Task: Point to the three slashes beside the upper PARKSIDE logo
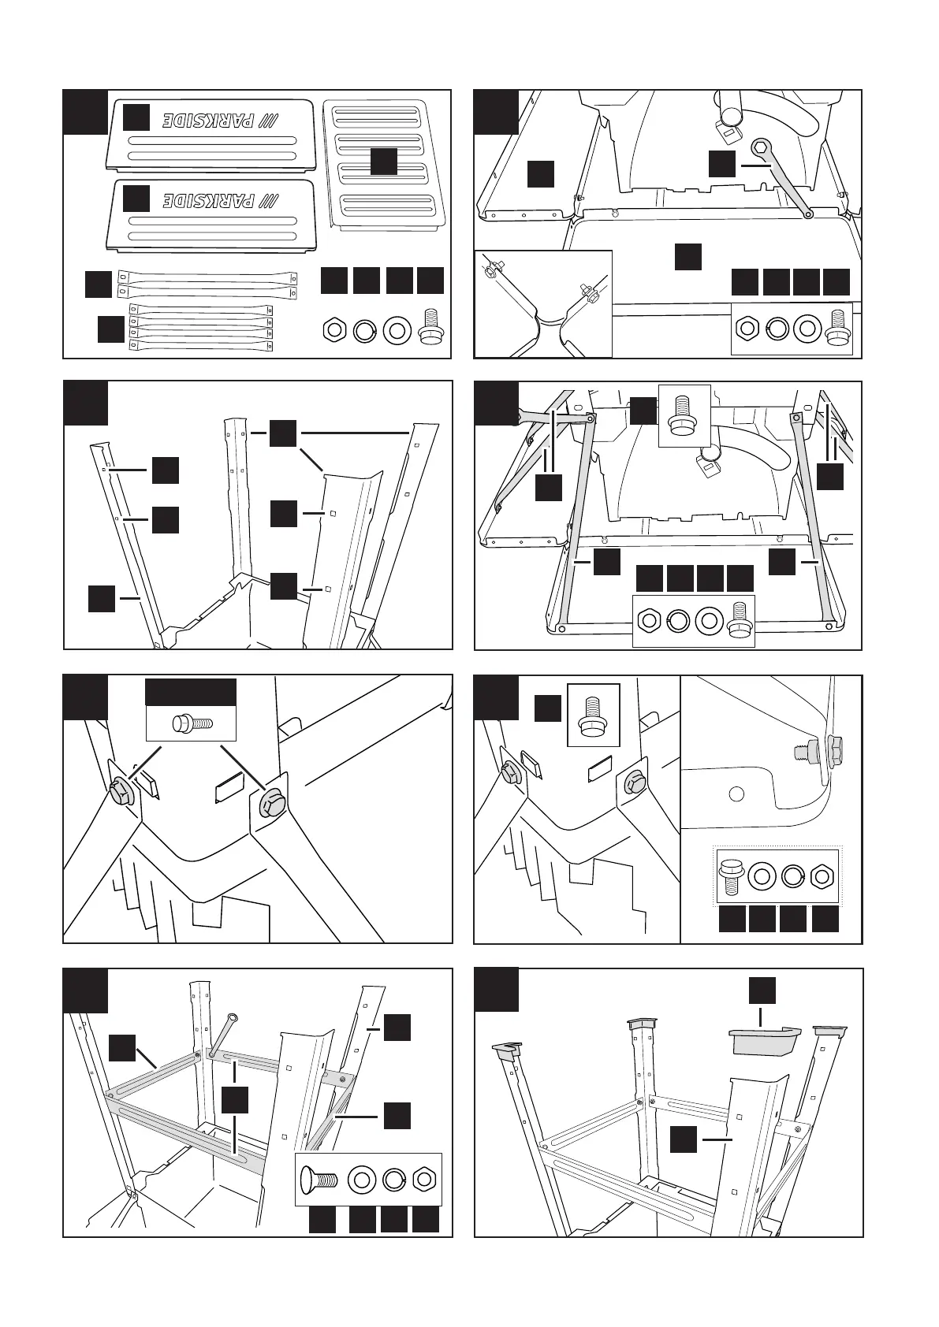click(270, 121)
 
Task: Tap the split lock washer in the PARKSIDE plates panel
click(363, 330)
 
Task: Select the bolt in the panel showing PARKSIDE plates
click(429, 325)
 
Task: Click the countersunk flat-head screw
click(319, 1180)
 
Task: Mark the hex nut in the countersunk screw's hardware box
click(425, 1180)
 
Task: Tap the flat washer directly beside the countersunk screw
click(362, 1180)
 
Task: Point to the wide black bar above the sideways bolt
click(191, 692)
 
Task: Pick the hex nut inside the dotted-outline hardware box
click(822, 875)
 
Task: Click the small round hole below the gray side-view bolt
click(736, 794)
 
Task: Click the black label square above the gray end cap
click(762, 991)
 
